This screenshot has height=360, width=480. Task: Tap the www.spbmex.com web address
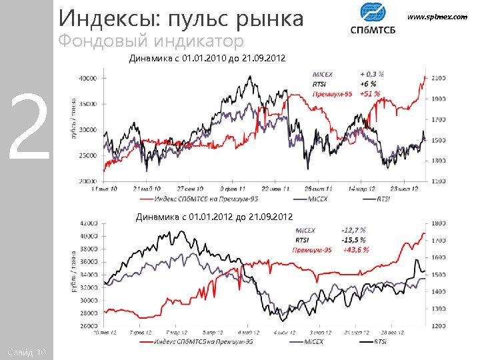441,16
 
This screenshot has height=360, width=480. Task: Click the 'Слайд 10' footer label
25,351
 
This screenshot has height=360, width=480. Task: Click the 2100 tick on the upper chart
438,78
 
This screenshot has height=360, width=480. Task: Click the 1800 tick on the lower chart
438,223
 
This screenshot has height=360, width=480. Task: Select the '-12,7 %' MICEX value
353,231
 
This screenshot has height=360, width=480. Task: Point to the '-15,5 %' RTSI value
353,240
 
